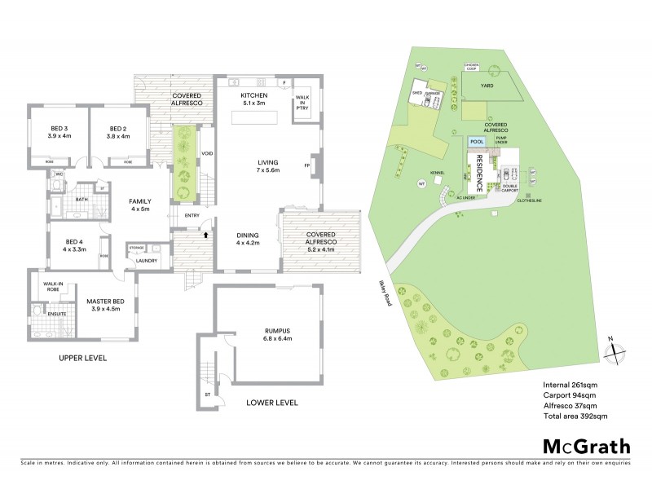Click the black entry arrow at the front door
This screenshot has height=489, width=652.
(x=205, y=235)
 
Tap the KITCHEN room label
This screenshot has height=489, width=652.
(x=253, y=95)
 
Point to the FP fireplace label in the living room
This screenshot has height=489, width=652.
(x=307, y=166)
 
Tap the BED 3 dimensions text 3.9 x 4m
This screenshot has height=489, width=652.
(x=59, y=136)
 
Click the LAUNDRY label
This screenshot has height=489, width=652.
(x=148, y=261)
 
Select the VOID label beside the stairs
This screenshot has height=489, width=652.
(x=207, y=154)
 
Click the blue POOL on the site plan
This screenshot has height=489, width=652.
(x=477, y=140)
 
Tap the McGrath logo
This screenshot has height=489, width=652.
(x=587, y=446)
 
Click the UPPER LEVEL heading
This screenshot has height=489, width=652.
(x=82, y=358)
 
